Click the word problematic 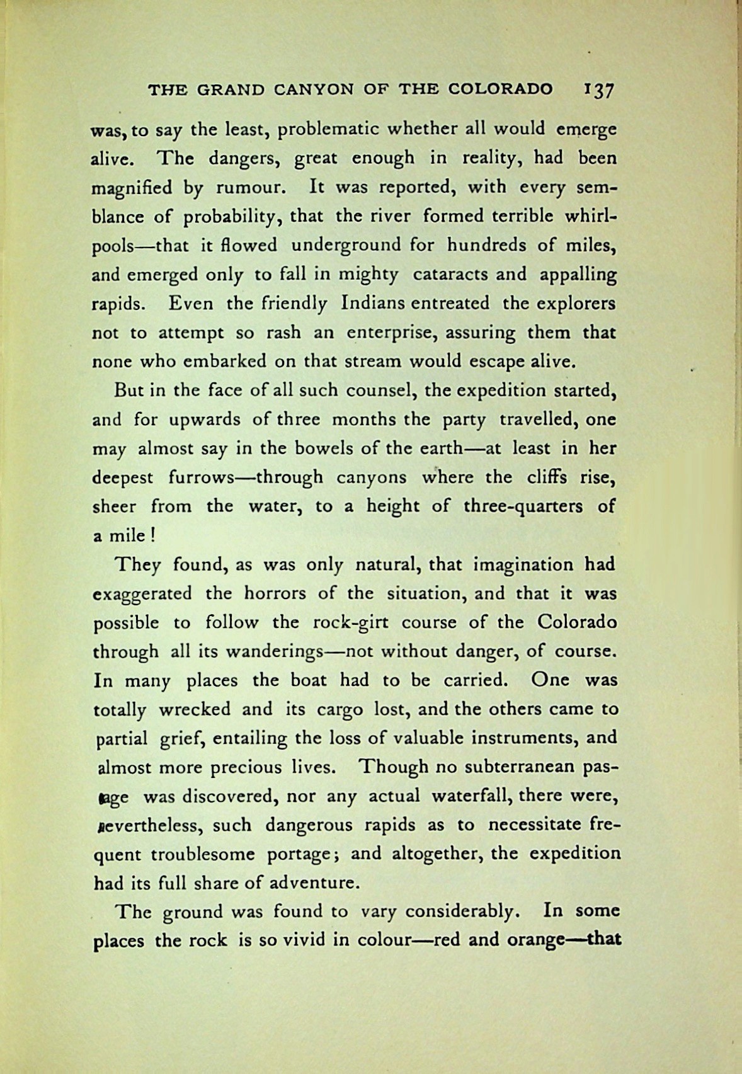pyautogui.click(x=327, y=130)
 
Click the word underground pyautogui.click(x=346, y=245)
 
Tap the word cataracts pyautogui.click(x=447, y=275)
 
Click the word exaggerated pyautogui.click(x=142, y=594)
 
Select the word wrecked pyautogui.click(x=195, y=709)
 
